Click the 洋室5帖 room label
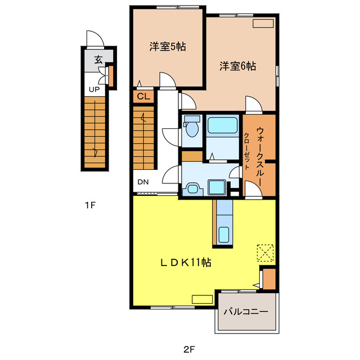point(168,47)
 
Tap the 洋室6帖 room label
point(237,66)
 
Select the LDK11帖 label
point(186,263)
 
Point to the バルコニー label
point(246,312)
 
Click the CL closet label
point(143,96)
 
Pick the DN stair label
point(143,182)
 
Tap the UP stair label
point(94,89)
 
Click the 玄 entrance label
point(98,60)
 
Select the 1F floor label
point(90,205)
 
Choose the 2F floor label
point(189,349)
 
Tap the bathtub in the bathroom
point(223,125)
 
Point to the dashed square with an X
point(265,253)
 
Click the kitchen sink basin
point(224,235)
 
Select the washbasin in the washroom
point(192,189)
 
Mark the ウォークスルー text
point(260,156)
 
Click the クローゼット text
point(246,151)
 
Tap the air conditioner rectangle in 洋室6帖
point(263,24)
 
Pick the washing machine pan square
point(217,187)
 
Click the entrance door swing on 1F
point(96,38)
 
